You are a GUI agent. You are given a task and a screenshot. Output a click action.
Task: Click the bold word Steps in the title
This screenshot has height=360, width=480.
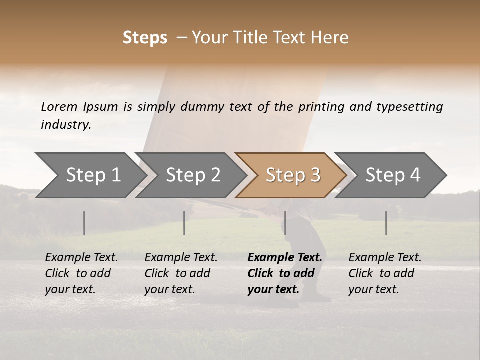pos(145,38)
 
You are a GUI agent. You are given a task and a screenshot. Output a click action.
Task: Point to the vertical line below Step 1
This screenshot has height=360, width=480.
pos(84,223)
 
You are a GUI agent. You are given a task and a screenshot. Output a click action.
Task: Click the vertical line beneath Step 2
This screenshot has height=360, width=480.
pos(184,223)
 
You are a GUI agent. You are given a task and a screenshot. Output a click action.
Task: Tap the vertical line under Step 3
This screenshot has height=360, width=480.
pos(285,223)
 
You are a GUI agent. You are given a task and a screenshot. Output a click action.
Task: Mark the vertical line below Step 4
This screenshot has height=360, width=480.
pos(386,223)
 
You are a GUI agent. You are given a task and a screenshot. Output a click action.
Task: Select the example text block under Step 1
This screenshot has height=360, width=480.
pos(81,273)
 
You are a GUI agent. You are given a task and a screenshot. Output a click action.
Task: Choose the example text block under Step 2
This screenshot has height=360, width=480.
pos(181,273)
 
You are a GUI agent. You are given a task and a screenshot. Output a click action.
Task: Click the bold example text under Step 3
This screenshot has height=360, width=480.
pos(285,273)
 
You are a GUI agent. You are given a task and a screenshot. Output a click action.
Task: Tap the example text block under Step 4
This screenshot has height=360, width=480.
pos(385,273)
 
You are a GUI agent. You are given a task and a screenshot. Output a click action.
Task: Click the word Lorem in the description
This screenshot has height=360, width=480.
pos(59,107)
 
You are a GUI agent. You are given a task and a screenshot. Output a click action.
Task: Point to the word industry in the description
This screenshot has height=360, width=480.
pos(66,125)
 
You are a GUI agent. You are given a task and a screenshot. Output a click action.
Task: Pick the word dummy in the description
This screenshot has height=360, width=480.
pos(202,107)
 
